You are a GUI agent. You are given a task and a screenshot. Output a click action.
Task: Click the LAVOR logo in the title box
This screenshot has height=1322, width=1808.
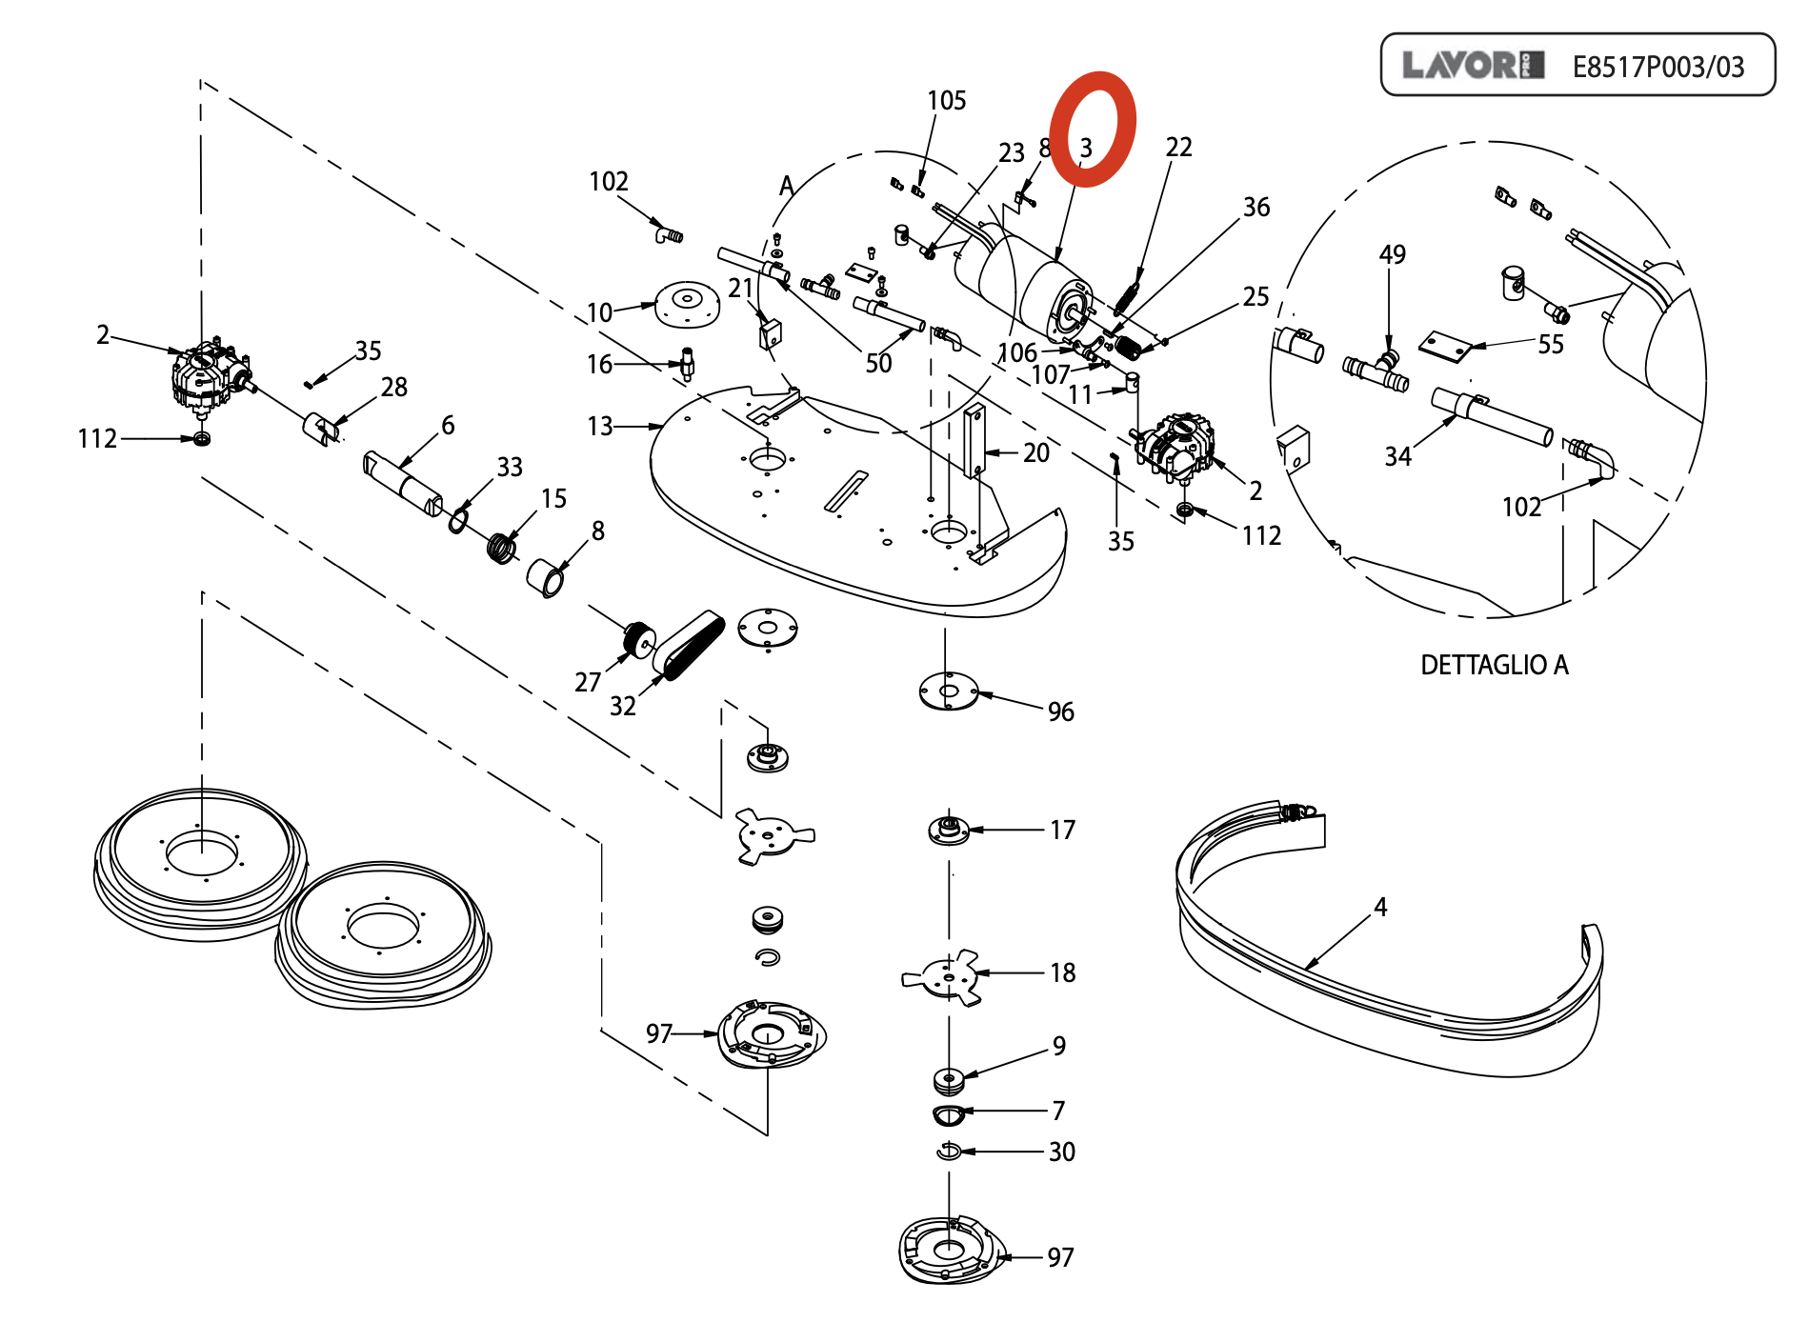[1473, 65]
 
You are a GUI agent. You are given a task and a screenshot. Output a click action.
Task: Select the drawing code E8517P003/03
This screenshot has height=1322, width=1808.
[1658, 67]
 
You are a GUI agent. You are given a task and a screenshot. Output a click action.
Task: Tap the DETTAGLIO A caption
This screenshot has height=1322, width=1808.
[1494, 665]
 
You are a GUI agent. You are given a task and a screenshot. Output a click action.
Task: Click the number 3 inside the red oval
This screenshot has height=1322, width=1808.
[1086, 148]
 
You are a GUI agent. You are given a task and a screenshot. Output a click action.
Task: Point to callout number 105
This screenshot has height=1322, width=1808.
[946, 100]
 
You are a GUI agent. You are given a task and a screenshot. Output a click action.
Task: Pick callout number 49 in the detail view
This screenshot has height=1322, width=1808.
[1392, 254]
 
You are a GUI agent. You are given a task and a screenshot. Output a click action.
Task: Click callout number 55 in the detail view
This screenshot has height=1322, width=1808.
[1551, 344]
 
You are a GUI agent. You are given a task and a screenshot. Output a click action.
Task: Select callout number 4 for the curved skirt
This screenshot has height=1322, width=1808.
[1380, 907]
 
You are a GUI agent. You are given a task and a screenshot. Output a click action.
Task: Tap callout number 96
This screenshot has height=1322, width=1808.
[1060, 711]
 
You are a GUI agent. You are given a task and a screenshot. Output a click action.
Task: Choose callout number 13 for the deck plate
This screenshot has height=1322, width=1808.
[600, 426]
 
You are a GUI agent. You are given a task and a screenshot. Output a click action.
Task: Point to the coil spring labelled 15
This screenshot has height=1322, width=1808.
[501, 549]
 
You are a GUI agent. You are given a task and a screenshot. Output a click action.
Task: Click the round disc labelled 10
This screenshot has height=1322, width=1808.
[687, 304]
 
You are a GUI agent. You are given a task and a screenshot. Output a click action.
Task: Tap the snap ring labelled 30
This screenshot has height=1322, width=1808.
[949, 1152]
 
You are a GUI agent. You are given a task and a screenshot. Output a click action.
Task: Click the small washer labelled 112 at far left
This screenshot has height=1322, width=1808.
[201, 438]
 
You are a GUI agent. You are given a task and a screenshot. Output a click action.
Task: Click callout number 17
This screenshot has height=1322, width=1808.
[1062, 830]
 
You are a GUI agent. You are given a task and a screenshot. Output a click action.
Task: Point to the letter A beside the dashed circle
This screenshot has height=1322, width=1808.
[787, 186]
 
